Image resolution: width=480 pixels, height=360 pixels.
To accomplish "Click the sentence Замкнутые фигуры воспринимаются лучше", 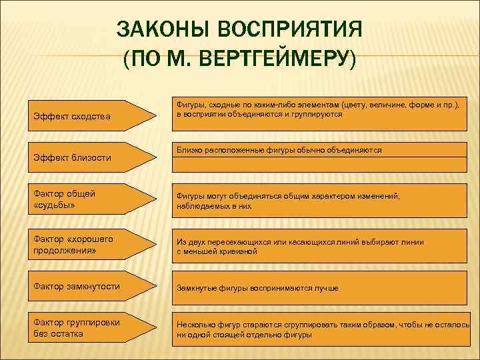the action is [x=257, y=288].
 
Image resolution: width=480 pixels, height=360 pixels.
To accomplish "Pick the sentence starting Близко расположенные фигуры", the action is [x=279, y=151].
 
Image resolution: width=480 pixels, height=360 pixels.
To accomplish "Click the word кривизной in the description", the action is [x=237, y=252].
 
